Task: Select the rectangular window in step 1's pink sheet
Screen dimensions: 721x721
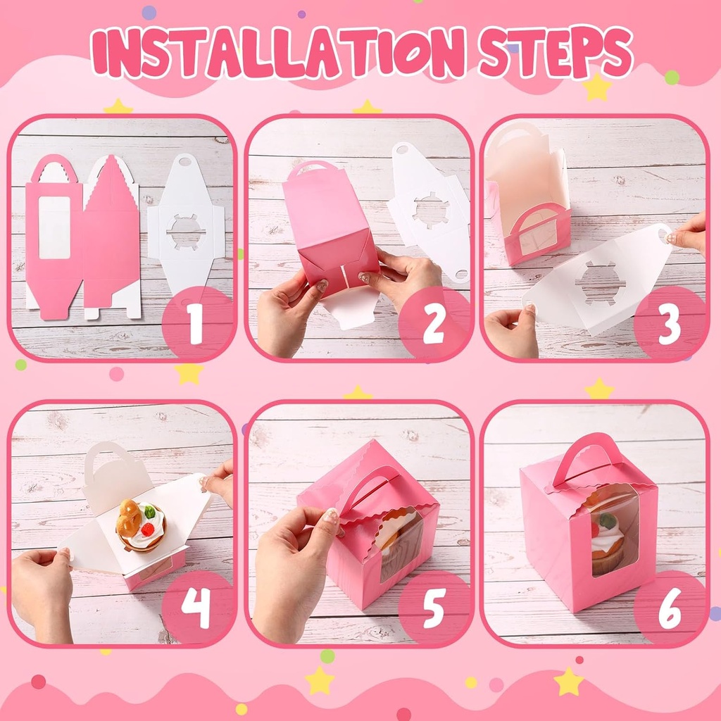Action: pyautogui.click(x=54, y=227)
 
